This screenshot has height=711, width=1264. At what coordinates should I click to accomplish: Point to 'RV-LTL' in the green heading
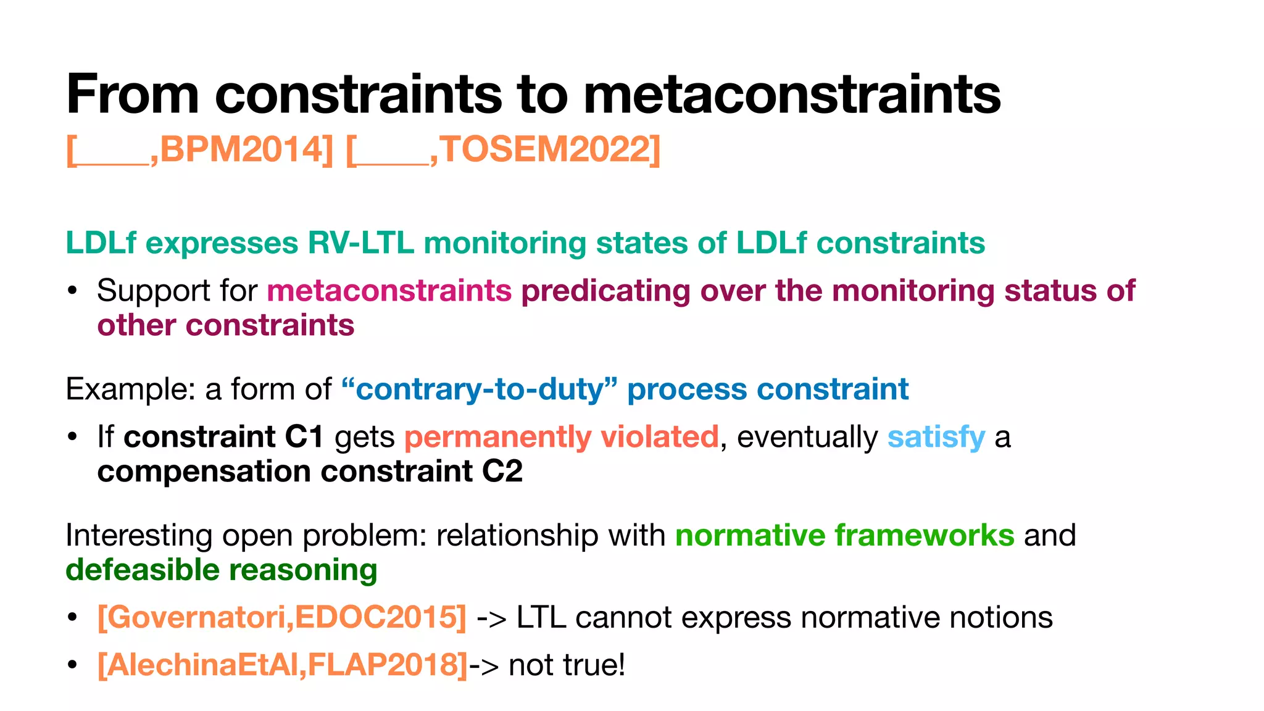click(x=360, y=243)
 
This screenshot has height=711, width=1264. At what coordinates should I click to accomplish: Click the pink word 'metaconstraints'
click(x=389, y=291)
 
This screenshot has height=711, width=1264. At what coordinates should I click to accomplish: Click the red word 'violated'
click(x=659, y=437)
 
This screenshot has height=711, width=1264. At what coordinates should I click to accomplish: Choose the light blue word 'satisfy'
click(x=936, y=437)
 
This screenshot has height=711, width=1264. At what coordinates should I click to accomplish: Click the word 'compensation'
click(x=204, y=472)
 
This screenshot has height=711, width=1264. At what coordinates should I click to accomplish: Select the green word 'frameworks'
click(x=924, y=535)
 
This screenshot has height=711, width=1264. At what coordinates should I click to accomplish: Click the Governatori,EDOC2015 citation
click(x=281, y=617)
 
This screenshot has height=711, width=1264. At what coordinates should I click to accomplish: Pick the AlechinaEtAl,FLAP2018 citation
click(x=282, y=665)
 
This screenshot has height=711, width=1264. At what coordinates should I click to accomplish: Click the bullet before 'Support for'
click(x=73, y=291)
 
